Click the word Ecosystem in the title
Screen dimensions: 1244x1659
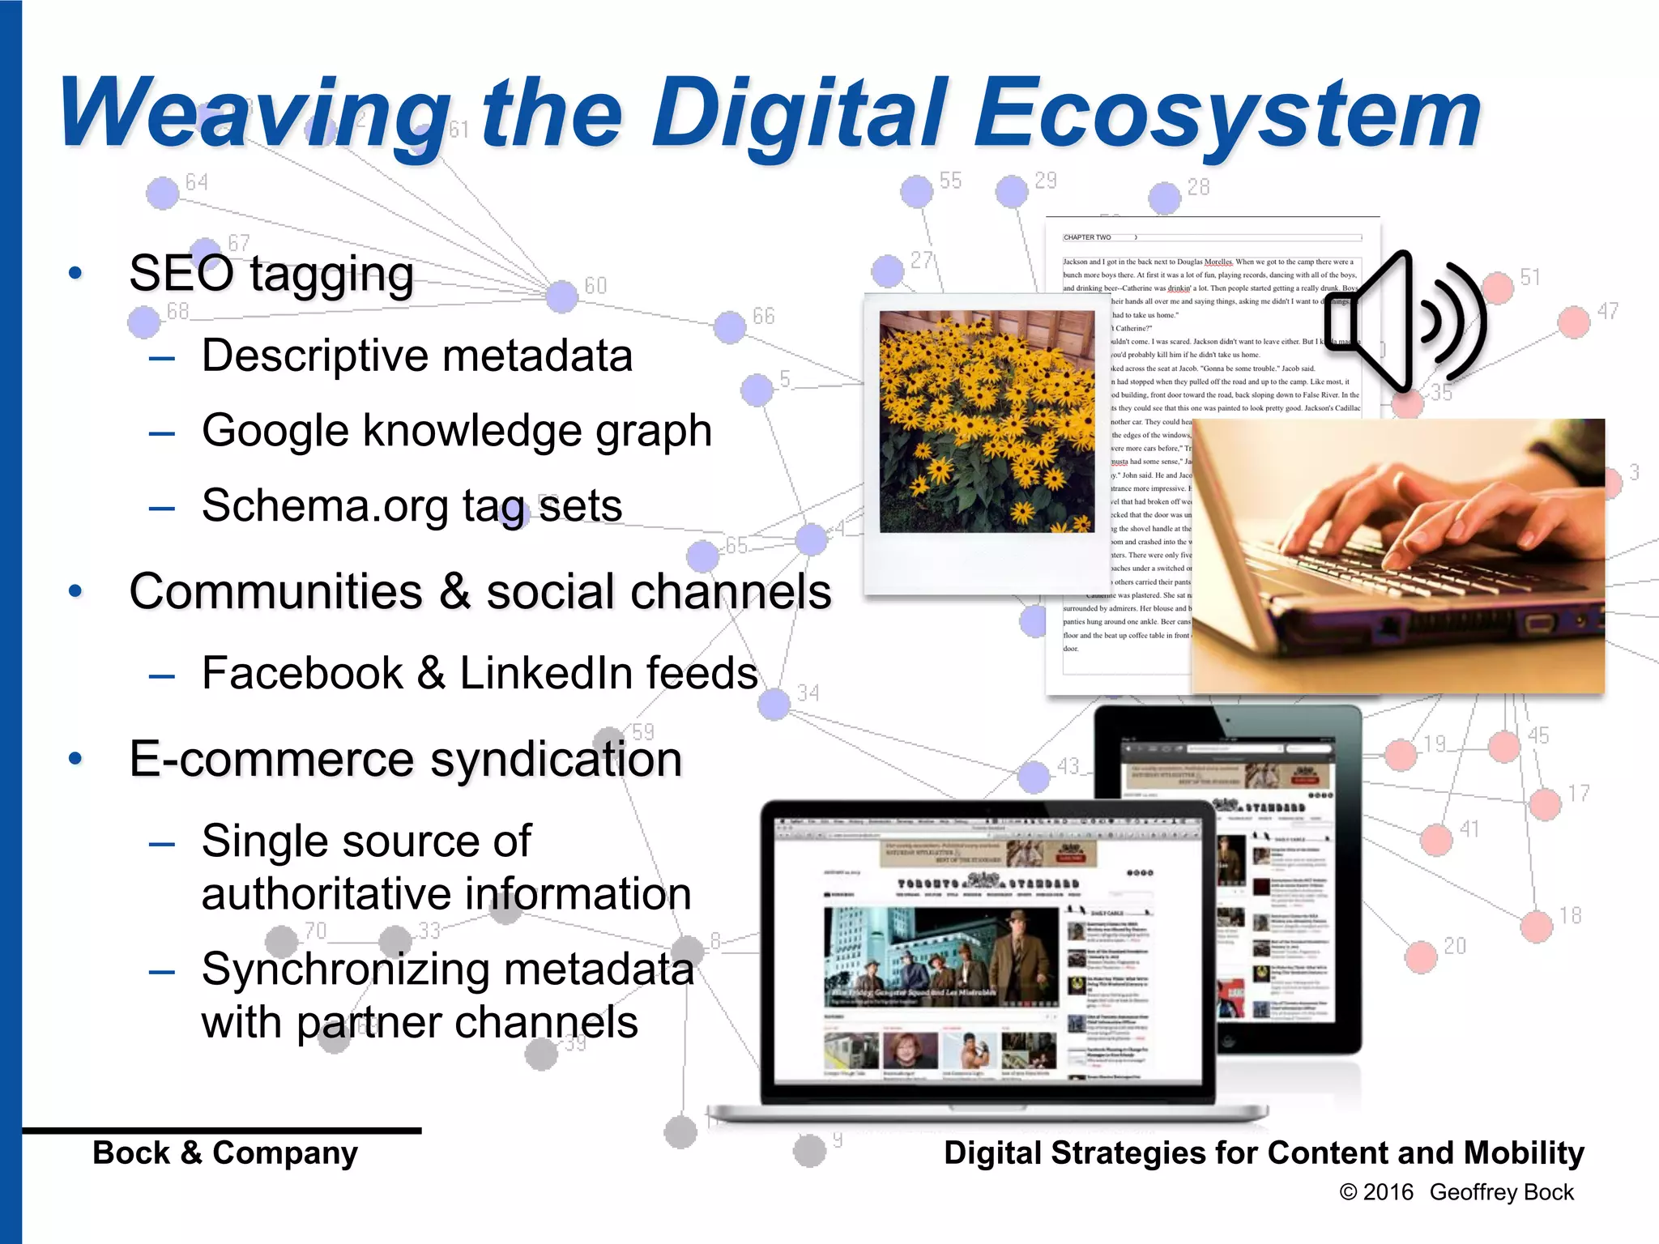1227,113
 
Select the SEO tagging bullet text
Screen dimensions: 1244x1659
271,273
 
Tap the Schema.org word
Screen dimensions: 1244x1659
324,505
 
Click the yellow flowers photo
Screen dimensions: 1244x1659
987,421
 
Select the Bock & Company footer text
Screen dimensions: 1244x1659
225,1152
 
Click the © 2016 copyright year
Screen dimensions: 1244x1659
1376,1192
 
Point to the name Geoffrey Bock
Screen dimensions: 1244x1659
1501,1192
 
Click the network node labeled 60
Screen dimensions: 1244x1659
561,296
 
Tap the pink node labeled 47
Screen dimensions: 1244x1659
1573,322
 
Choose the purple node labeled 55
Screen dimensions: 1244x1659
916,191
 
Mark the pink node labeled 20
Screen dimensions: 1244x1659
1421,956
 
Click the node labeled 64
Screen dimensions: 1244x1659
162,193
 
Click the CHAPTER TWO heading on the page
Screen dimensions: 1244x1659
1087,237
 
